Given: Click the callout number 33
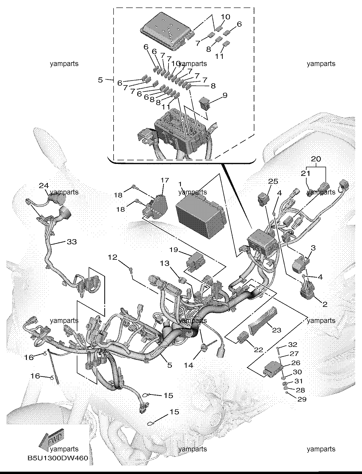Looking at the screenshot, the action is (72, 242).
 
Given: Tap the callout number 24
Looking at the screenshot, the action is (44, 185).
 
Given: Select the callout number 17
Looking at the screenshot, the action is (165, 180).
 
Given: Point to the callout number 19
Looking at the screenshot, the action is (174, 250).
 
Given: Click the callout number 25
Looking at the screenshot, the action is (273, 181).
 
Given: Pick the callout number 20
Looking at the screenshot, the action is (316, 159).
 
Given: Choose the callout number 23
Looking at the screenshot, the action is (276, 330).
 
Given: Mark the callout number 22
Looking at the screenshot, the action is (258, 350).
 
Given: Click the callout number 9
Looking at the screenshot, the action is (225, 95).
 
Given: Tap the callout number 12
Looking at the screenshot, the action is (113, 257).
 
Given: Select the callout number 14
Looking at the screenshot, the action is (189, 365).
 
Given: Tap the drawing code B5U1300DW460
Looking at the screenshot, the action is (58, 458).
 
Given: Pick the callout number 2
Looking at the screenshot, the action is (325, 305).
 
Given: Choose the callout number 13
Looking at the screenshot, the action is (165, 263).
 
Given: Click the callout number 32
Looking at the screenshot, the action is (292, 344).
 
